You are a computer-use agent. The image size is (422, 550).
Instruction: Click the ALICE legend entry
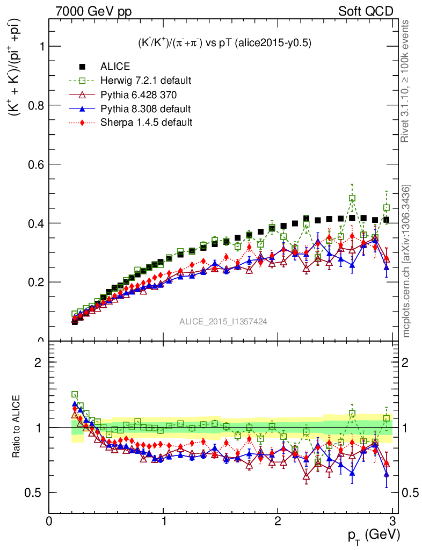click(115, 67)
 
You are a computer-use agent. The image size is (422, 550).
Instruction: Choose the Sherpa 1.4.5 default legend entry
click(146, 122)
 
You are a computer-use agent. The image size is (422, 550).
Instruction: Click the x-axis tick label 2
click(278, 520)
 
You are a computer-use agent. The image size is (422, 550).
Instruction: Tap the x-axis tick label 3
click(392, 520)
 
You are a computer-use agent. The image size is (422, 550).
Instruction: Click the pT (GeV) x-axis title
click(373, 534)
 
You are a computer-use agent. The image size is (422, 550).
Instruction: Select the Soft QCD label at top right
click(365, 11)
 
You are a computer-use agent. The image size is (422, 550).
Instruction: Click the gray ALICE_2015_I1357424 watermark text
click(223, 321)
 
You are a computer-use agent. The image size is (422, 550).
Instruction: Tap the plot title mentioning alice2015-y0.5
click(223, 43)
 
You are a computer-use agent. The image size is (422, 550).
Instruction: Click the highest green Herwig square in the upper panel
click(352, 198)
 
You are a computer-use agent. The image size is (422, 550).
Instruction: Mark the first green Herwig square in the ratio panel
click(75, 394)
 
